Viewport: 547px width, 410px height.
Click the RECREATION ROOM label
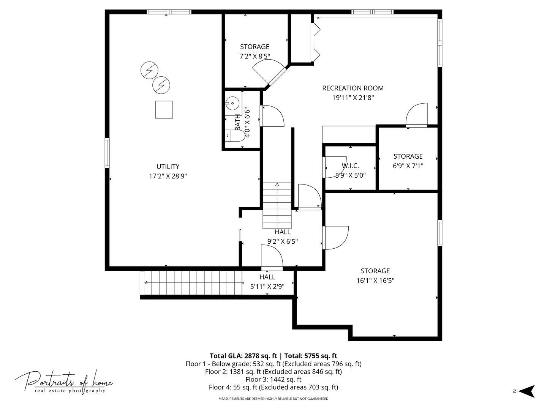click(353, 88)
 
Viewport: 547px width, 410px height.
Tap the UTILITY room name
click(168, 167)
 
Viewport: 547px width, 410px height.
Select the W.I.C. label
click(350, 166)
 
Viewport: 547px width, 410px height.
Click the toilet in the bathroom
click(235, 136)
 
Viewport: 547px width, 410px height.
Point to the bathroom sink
click(232, 103)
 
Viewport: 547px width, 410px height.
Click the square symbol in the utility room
click(164, 110)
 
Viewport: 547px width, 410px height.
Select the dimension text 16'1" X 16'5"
click(375, 281)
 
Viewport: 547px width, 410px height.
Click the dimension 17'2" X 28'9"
click(168, 176)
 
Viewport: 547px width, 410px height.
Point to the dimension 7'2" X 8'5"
click(255, 56)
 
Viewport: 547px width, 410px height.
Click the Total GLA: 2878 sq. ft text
click(243, 356)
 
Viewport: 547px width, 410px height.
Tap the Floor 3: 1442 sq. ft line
click(273, 379)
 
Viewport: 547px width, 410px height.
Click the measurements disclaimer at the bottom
click(273, 399)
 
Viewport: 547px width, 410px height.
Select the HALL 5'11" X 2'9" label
click(267, 282)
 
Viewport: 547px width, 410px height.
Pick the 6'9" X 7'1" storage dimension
click(408, 166)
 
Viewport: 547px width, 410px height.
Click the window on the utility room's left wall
click(107, 153)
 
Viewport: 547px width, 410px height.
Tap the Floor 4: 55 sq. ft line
click(273, 387)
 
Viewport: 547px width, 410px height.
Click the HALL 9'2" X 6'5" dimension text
click(283, 241)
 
